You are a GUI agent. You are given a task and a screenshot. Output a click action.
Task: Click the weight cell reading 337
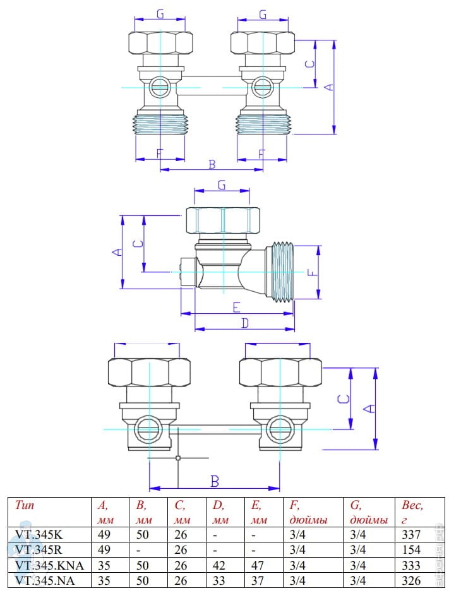pyautogui.click(x=411, y=534)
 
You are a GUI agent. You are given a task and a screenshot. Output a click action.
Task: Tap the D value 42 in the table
pyautogui.click(x=219, y=565)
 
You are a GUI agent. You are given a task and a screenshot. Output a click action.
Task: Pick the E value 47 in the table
pyautogui.click(x=258, y=565)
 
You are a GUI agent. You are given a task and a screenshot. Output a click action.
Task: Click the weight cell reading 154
pyautogui.click(x=411, y=549)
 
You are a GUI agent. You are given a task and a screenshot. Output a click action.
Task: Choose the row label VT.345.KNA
pyautogui.click(x=49, y=565)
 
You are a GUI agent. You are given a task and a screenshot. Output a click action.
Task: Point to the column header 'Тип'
pyautogui.click(x=25, y=505)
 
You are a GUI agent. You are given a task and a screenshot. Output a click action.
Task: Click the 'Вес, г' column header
pyautogui.click(x=412, y=512)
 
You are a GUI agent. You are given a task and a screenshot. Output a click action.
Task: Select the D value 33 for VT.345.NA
pyautogui.click(x=219, y=580)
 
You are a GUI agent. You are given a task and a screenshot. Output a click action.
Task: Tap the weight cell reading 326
pyautogui.click(x=411, y=580)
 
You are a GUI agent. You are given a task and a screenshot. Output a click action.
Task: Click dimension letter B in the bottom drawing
pyautogui.click(x=215, y=481)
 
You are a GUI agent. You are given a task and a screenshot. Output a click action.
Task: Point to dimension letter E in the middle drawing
pyautogui.click(x=236, y=307)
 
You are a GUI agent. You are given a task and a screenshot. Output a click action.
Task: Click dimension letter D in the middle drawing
pyautogui.click(x=245, y=323)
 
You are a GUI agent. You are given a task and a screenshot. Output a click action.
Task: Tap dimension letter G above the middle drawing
pyautogui.click(x=222, y=185)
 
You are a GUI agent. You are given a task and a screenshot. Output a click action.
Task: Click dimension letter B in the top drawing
pyautogui.click(x=212, y=165)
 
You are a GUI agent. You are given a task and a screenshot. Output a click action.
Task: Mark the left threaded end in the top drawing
pyautogui.click(x=160, y=122)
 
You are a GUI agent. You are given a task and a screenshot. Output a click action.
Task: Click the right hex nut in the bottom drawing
pyautogui.click(x=280, y=372)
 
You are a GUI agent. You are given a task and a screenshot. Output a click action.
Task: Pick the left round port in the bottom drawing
pyautogui.click(x=147, y=429)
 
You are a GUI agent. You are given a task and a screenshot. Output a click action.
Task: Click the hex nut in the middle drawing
pyautogui.click(x=223, y=220)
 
